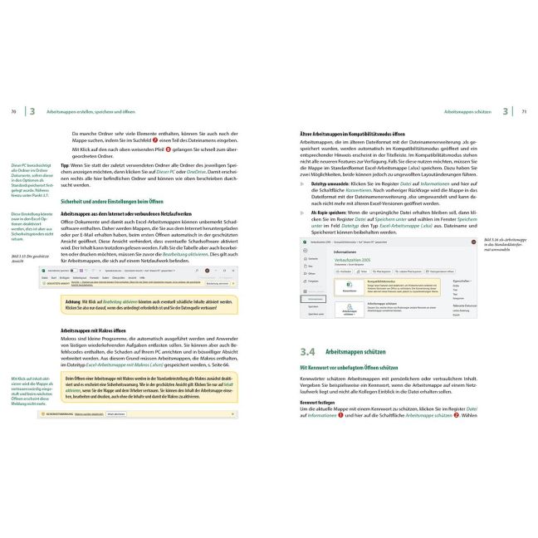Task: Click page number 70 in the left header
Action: (x=13, y=111)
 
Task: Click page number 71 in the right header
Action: (x=524, y=111)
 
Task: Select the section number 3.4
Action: (x=308, y=352)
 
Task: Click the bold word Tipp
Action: (x=66, y=165)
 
